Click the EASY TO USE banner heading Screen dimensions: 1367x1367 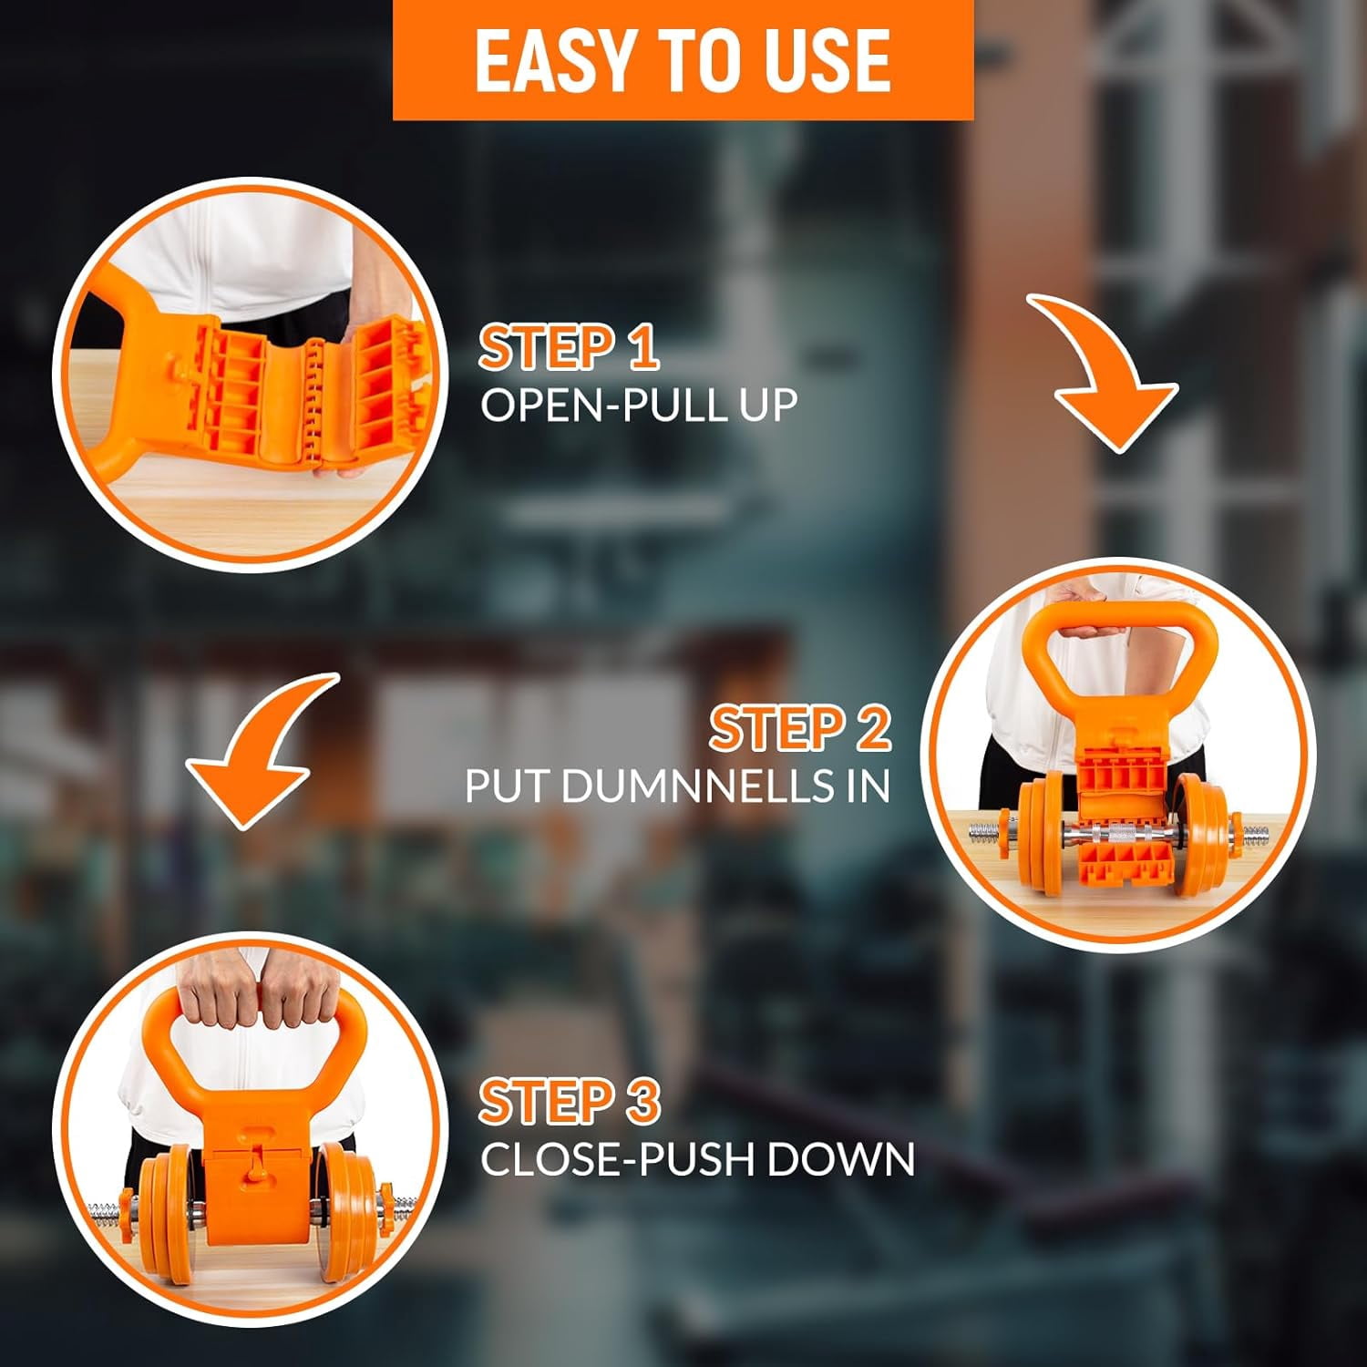click(683, 60)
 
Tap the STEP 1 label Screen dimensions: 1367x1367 click(569, 348)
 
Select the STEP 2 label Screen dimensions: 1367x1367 click(800, 729)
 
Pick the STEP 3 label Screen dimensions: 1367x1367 click(569, 1101)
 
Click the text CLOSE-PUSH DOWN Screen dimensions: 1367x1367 click(697, 1159)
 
